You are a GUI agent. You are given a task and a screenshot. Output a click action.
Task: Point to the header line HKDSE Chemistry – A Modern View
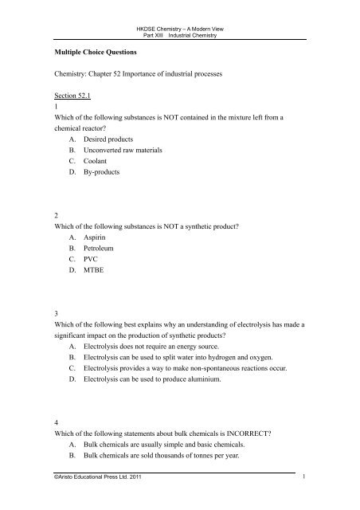pos(179,7)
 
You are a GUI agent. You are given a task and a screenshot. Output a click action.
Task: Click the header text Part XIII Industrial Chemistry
pos(179,16)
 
